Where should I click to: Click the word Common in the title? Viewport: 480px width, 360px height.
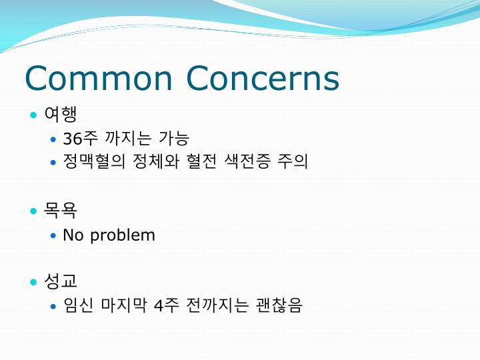[98, 78]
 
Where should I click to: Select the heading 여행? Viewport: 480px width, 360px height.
[61, 115]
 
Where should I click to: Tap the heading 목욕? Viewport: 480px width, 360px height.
[61, 211]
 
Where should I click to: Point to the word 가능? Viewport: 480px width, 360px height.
[174, 139]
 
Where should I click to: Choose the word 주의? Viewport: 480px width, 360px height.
[293, 162]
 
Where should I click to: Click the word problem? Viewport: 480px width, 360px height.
[123, 236]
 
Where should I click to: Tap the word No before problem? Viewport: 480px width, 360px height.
[73, 235]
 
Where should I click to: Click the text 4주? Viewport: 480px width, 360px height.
[166, 305]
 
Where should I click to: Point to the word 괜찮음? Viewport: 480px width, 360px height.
[279, 305]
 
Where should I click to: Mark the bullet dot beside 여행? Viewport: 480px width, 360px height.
[33, 115]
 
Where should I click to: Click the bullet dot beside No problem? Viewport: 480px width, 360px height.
[54, 236]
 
